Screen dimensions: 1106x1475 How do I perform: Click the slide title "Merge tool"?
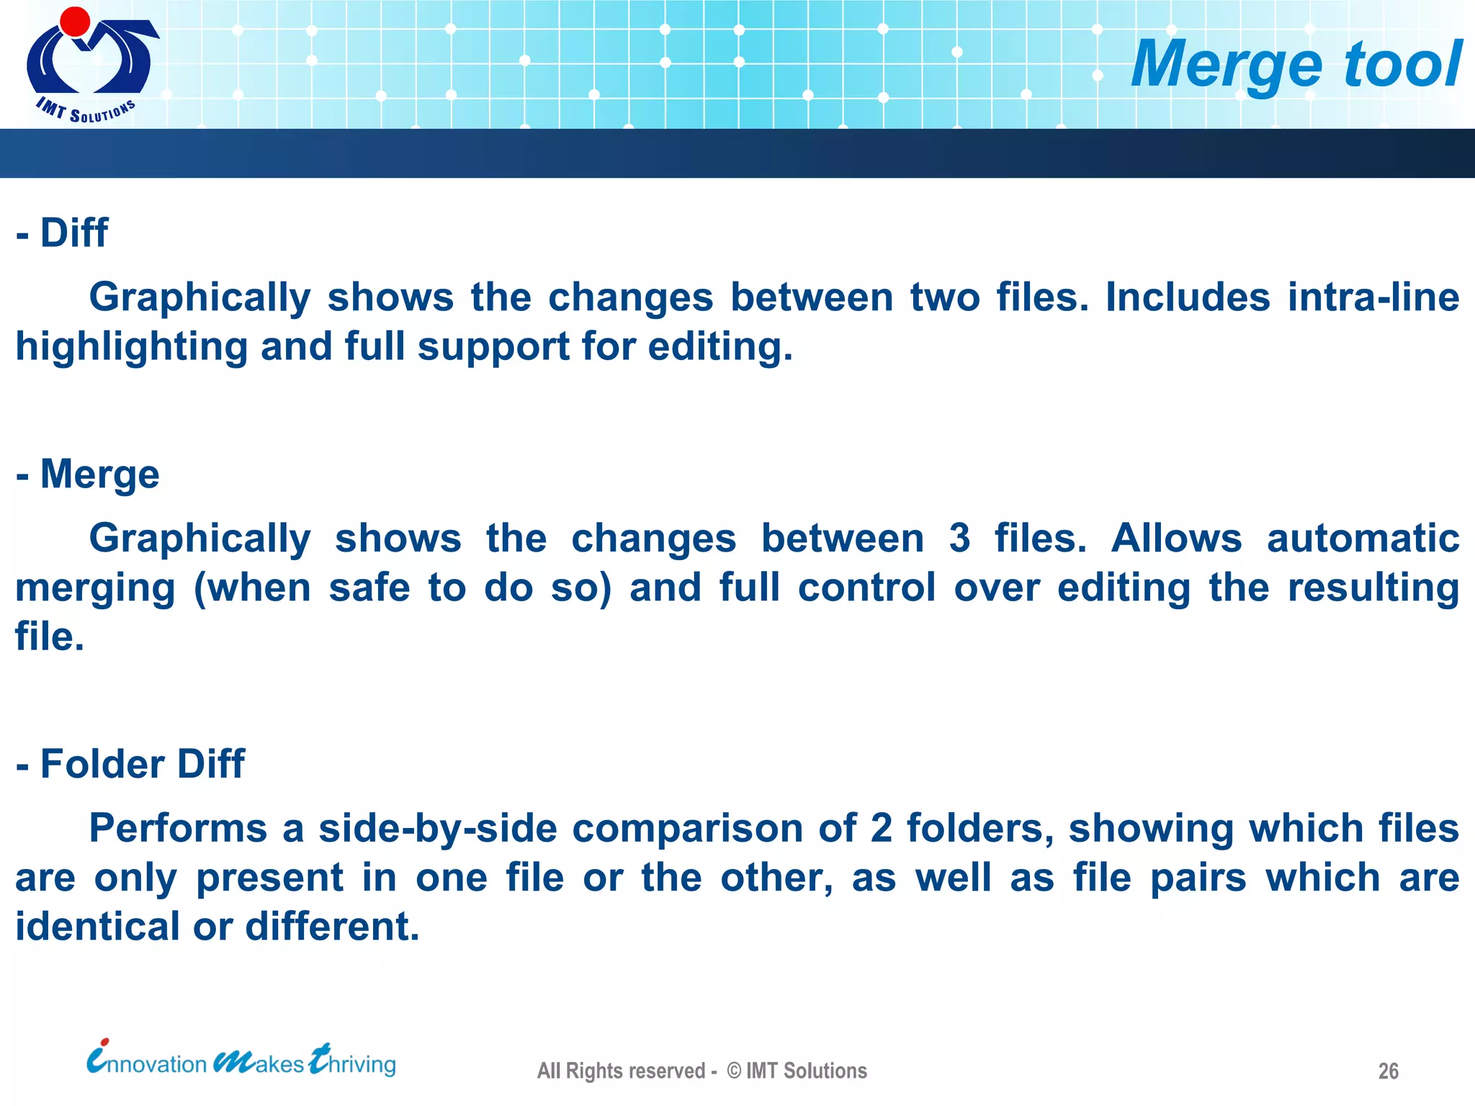point(1296,65)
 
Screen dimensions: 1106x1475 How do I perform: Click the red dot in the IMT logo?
point(75,21)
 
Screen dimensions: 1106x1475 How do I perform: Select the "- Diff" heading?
point(63,233)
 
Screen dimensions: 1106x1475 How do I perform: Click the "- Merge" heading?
point(88,474)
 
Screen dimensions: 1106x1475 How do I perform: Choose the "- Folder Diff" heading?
point(130,763)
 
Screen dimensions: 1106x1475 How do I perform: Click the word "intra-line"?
point(1373,297)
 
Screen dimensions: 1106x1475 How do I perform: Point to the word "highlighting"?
point(132,347)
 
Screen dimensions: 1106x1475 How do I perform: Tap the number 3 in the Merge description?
point(959,538)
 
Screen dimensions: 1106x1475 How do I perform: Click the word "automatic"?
point(1363,538)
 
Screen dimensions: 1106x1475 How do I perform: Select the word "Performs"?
point(178,828)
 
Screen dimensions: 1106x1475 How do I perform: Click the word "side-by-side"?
point(438,828)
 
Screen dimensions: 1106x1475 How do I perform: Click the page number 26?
point(1388,1071)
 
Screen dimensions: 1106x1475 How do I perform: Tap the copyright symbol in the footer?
point(734,1071)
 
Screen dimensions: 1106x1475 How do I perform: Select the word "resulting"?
point(1373,588)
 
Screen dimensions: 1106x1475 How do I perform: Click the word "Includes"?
point(1188,297)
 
